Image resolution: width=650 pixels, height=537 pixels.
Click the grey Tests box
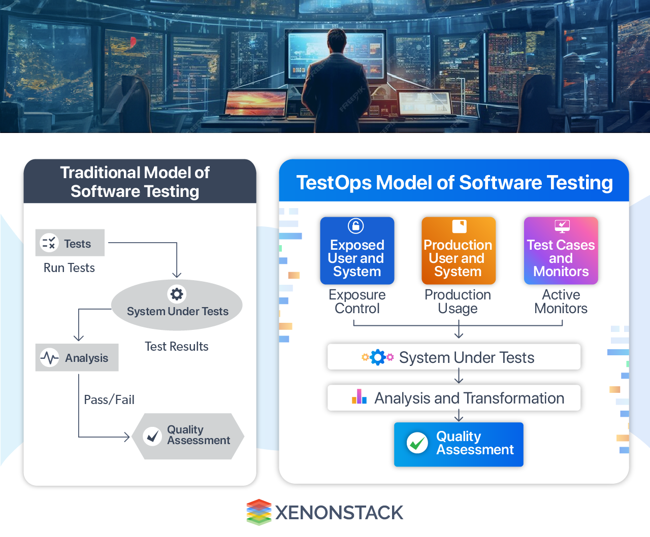tap(70, 243)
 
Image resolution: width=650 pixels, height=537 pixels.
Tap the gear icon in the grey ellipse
tap(177, 294)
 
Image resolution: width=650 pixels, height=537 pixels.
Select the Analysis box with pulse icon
tap(77, 358)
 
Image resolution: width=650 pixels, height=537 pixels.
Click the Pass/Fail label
tap(109, 400)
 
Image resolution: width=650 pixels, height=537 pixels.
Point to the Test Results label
tap(176, 347)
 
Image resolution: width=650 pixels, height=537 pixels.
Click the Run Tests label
tap(69, 268)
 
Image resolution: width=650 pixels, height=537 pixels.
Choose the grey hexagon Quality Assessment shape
tap(188, 436)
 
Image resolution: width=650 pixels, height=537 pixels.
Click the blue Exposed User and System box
tap(357, 251)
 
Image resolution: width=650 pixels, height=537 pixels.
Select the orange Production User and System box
tap(458, 251)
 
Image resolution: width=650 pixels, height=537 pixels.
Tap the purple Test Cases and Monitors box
tap(561, 251)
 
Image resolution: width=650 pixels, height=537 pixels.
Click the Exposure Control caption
tap(357, 301)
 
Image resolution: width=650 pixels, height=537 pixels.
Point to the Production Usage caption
tap(458, 301)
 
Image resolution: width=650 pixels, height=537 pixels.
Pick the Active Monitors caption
tap(561, 301)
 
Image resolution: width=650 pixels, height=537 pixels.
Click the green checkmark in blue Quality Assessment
tap(417, 443)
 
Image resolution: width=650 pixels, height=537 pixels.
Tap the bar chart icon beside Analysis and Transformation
tap(359, 397)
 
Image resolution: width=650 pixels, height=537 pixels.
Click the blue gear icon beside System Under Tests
tap(377, 357)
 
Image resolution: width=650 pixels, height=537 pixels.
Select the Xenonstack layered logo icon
tap(259, 512)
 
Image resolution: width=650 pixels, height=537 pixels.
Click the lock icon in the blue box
tap(355, 225)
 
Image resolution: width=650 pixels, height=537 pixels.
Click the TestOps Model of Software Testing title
tap(454, 183)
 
